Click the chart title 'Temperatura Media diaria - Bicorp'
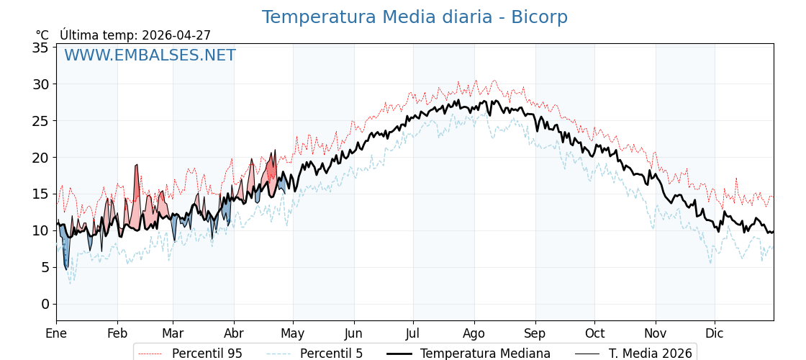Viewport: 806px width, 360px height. pos(415,17)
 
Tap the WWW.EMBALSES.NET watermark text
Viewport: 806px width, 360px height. pos(150,55)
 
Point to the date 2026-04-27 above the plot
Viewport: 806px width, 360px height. pos(176,35)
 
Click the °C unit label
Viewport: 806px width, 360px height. pos(42,35)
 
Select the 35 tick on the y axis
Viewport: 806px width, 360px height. pos(40,48)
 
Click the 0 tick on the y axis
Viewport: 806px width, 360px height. pos(45,304)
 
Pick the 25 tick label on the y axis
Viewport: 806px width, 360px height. pos(40,121)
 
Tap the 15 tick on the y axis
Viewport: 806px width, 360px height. pos(40,194)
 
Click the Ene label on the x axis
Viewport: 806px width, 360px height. pos(56,333)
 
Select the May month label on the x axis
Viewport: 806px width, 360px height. pos(293,333)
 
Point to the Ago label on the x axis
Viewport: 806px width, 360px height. pos(474,333)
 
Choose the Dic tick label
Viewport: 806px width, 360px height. pos(715,333)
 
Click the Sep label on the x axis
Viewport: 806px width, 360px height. pos(535,333)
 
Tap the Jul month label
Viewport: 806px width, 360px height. pos(413,333)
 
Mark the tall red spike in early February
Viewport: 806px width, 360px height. pos(137,180)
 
